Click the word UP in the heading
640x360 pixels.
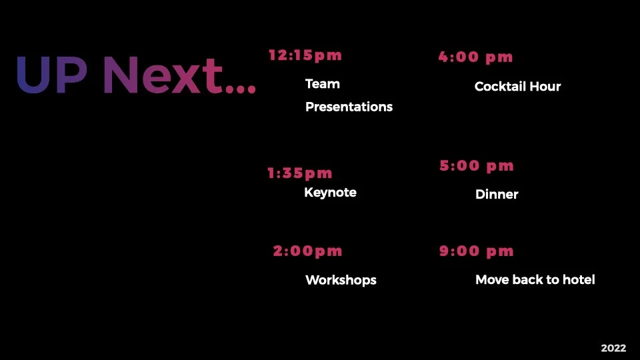[51, 75]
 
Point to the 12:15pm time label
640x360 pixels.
[305, 55]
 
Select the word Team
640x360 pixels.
[323, 84]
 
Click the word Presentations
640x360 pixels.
[349, 107]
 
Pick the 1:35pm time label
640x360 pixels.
[300, 173]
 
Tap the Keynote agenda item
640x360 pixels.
[330, 193]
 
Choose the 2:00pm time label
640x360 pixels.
[307, 251]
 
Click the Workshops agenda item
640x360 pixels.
[341, 280]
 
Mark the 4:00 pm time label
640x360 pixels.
[476, 57]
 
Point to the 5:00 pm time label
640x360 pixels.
[477, 165]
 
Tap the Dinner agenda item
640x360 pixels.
[497, 195]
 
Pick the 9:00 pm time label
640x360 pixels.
[477, 251]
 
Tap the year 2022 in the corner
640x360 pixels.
[613, 348]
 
